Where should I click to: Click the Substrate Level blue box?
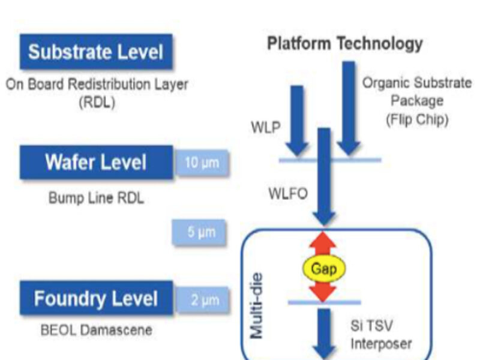[x=96, y=52]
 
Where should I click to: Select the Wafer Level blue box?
[x=96, y=163]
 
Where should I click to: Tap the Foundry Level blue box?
[x=96, y=298]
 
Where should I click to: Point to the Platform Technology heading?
[x=344, y=44]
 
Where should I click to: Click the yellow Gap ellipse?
[x=323, y=268]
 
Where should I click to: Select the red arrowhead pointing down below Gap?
[x=323, y=292]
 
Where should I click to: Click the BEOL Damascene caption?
[x=96, y=329]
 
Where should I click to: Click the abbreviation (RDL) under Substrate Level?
[x=96, y=103]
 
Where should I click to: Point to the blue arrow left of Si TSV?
[x=324, y=333]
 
